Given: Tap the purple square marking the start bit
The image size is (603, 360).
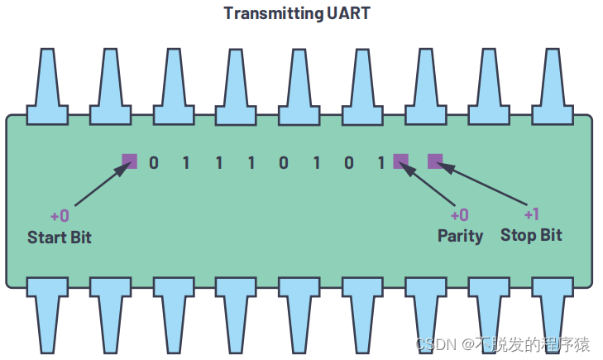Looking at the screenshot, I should point(129,161).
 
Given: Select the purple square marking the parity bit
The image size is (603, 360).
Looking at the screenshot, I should point(401,161).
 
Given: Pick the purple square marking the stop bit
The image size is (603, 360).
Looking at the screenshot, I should point(435,161).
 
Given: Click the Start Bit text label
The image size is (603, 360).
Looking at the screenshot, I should point(60,238).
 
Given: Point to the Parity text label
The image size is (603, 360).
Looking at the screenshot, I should point(460,236).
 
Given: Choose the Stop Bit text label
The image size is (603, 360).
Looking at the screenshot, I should point(531,235).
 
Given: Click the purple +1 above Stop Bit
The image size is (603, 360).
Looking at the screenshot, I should point(531,214).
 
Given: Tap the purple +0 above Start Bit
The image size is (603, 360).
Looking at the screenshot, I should point(60,216).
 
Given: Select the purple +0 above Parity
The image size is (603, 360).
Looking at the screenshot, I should point(460,215).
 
